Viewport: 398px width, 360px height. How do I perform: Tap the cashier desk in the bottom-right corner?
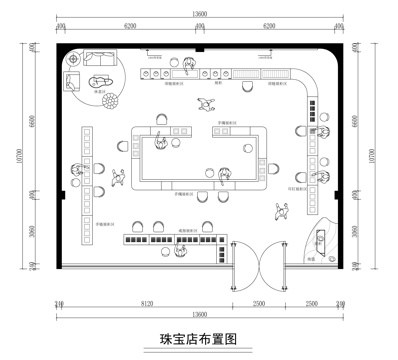pos(322,243)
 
